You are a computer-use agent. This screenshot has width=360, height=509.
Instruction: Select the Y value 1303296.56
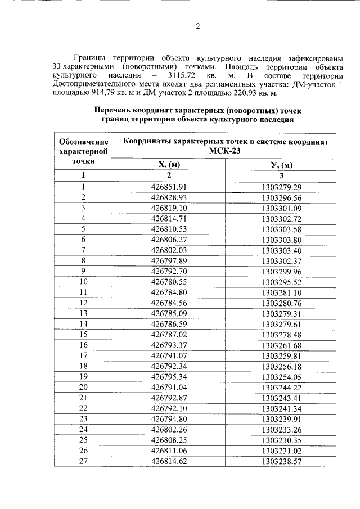[282, 197]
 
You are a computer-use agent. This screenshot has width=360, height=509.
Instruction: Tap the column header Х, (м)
[169, 165]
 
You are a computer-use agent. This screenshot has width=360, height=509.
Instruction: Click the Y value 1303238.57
[282, 461]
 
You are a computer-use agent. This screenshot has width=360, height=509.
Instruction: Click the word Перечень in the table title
[116, 110]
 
